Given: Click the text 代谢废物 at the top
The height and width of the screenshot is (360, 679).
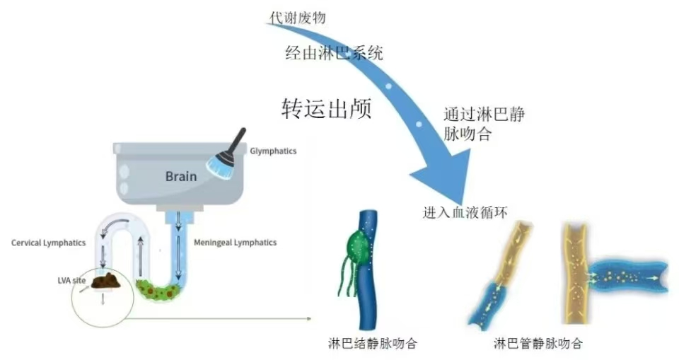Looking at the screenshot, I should pyautogui.click(x=298, y=18).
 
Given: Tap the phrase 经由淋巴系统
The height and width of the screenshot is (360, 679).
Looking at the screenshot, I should pyautogui.click(x=334, y=53).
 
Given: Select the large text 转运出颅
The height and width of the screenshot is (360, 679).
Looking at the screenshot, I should pyautogui.click(x=326, y=108).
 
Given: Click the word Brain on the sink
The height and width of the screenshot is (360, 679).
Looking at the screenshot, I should pyautogui.click(x=181, y=176).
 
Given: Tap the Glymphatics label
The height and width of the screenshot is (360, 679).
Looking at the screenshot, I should pyautogui.click(x=273, y=151).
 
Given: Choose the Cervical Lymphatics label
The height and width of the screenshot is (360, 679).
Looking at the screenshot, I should pyautogui.click(x=49, y=243).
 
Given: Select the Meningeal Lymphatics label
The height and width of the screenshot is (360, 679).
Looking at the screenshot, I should pyautogui.click(x=235, y=243).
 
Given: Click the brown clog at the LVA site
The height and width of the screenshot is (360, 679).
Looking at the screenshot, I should pyautogui.click(x=106, y=282).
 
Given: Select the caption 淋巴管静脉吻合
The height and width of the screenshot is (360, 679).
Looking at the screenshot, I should pyautogui.click(x=538, y=344).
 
